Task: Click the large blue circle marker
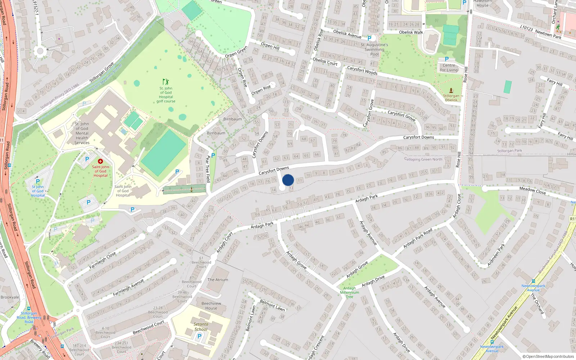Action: (288, 180)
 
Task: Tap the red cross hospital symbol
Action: (100, 161)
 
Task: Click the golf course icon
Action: (166, 82)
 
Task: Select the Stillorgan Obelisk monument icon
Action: (451, 91)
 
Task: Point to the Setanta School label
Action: (201, 327)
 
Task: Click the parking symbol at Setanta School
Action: (199, 336)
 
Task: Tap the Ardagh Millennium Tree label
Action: (349, 292)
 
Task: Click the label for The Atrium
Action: (218, 280)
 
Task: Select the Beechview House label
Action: (211, 306)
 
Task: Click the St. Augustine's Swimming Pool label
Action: (374, 50)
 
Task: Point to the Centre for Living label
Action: (449, 68)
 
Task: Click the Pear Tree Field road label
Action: (208, 169)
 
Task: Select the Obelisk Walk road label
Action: (411, 32)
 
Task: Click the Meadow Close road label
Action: (532, 190)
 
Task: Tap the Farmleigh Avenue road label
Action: (128, 287)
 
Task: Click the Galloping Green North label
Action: (423, 159)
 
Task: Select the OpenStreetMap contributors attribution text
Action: (548, 356)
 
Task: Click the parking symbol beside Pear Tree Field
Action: (213, 156)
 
